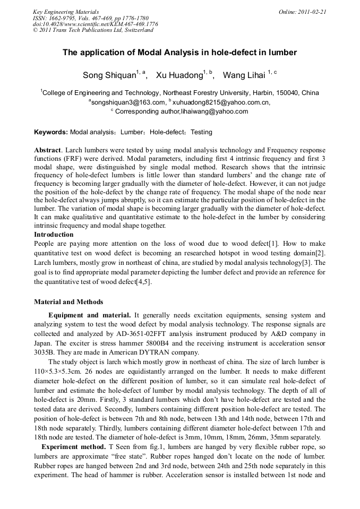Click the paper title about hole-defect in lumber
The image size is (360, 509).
tap(179, 53)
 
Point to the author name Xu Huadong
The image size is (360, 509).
tap(180, 75)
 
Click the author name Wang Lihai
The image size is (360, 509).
tap(244, 75)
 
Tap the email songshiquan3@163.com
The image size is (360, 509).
tap(128, 102)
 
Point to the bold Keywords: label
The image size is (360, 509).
tap(51, 132)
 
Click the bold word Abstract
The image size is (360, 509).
tap(47, 150)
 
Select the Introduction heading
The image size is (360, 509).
tap(54, 234)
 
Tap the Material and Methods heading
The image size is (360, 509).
tap(68, 302)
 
